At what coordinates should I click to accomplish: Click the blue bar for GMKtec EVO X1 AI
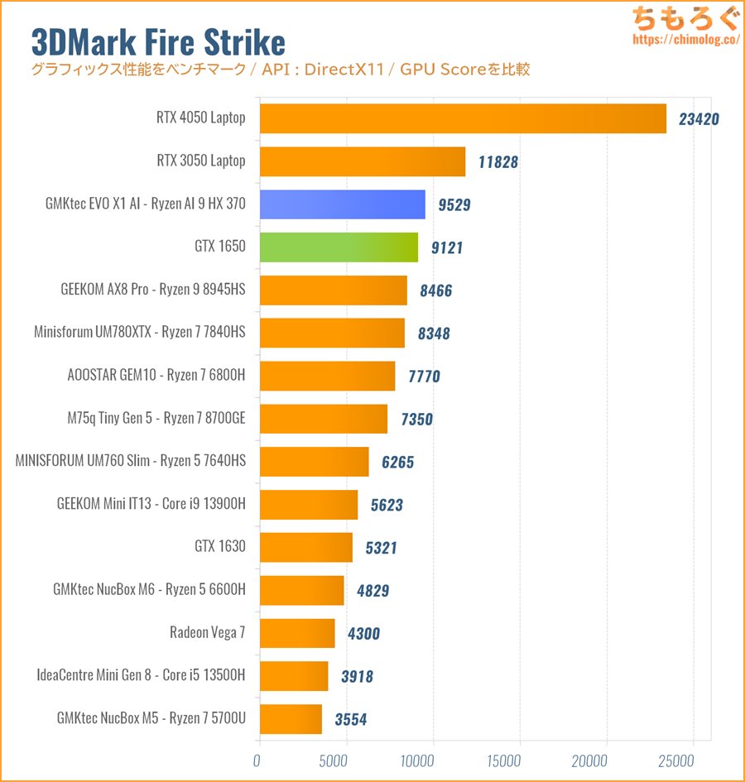pos(342,204)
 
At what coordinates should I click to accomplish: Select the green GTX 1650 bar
pos(339,247)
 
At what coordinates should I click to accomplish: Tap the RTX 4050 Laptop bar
pos(463,118)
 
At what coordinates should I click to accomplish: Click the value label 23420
pos(699,118)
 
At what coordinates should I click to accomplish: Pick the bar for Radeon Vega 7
pos(297,633)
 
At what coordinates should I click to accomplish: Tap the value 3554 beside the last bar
pos(350,720)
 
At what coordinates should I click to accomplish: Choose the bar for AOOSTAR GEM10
pos(327,376)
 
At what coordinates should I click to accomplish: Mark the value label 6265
pos(397,463)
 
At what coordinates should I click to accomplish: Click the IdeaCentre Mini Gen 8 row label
pos(142,675)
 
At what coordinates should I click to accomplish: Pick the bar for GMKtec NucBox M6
pos(301,590)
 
